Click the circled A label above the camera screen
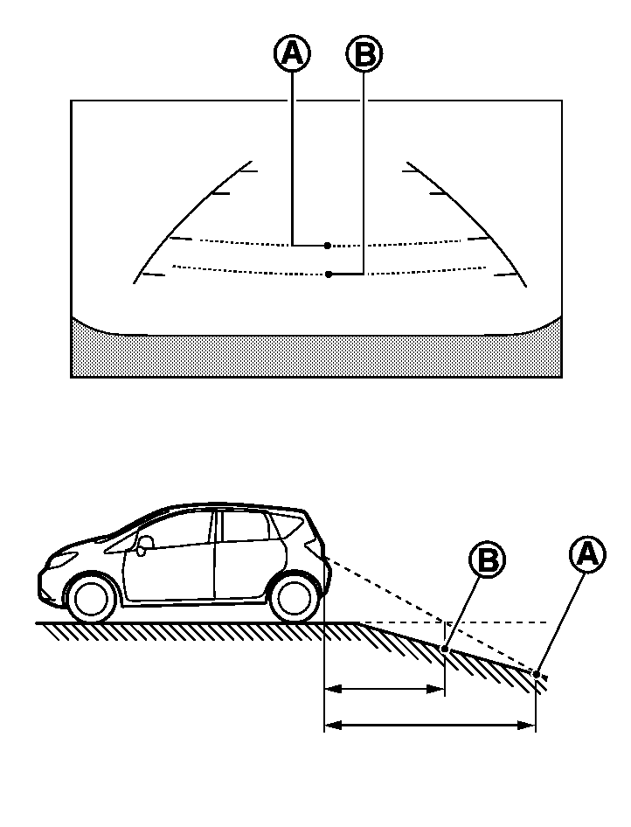[x=293, y=53]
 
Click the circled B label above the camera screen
[x=364, y=53]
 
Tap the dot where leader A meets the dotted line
[x=326, y=246]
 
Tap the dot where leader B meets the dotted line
[x=328, y=275]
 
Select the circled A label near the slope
[x=586, y=553]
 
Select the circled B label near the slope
[x=488, y=559]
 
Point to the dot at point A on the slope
[x=536, y=673]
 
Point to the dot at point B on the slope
[x=445, y=649]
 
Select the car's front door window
[x=175, y=531]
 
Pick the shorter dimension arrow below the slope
[x=385, y=689]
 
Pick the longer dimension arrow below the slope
[x=429, y=725]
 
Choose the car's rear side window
[x=285, y=526]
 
